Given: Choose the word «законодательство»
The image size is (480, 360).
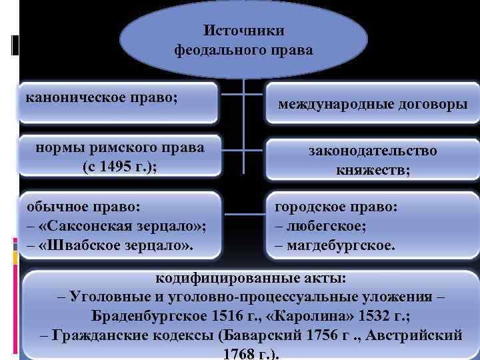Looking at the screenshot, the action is (373, 151).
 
